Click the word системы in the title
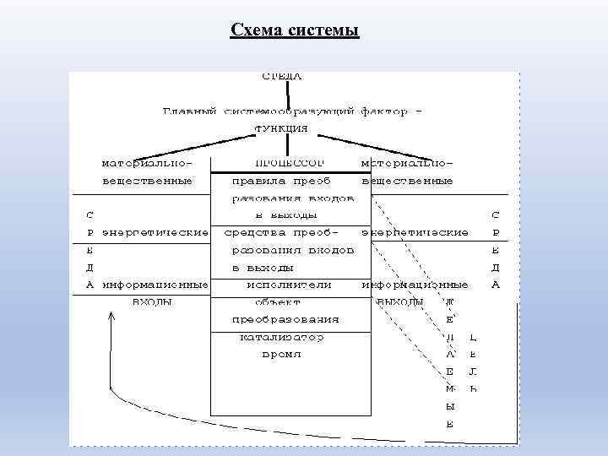323,31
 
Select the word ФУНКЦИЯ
281,129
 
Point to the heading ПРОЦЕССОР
288,161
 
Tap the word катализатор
282,337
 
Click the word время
281,355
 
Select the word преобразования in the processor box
285,319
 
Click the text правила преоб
281,180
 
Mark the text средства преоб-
283,231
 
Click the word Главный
191,111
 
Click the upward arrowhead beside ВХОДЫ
110,317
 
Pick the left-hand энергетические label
155,231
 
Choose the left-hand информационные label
155,285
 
